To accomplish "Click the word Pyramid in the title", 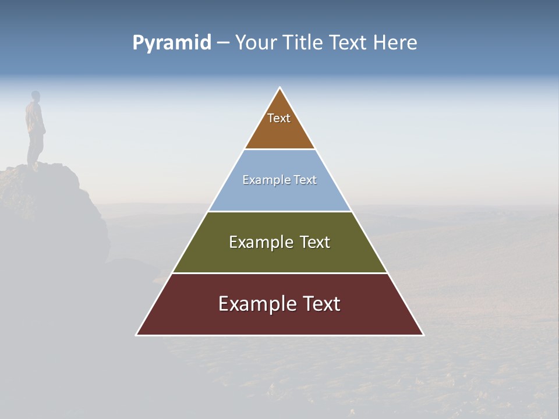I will coord(171,43).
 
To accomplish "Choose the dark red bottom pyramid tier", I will coord(279,320).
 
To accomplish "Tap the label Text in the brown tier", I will coord(279,118).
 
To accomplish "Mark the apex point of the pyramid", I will coord(280,88).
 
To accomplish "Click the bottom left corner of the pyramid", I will coord(137,335).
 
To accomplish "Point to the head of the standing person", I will coord(36,95).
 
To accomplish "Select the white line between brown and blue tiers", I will coord(279,150).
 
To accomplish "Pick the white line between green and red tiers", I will coord(279,273).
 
